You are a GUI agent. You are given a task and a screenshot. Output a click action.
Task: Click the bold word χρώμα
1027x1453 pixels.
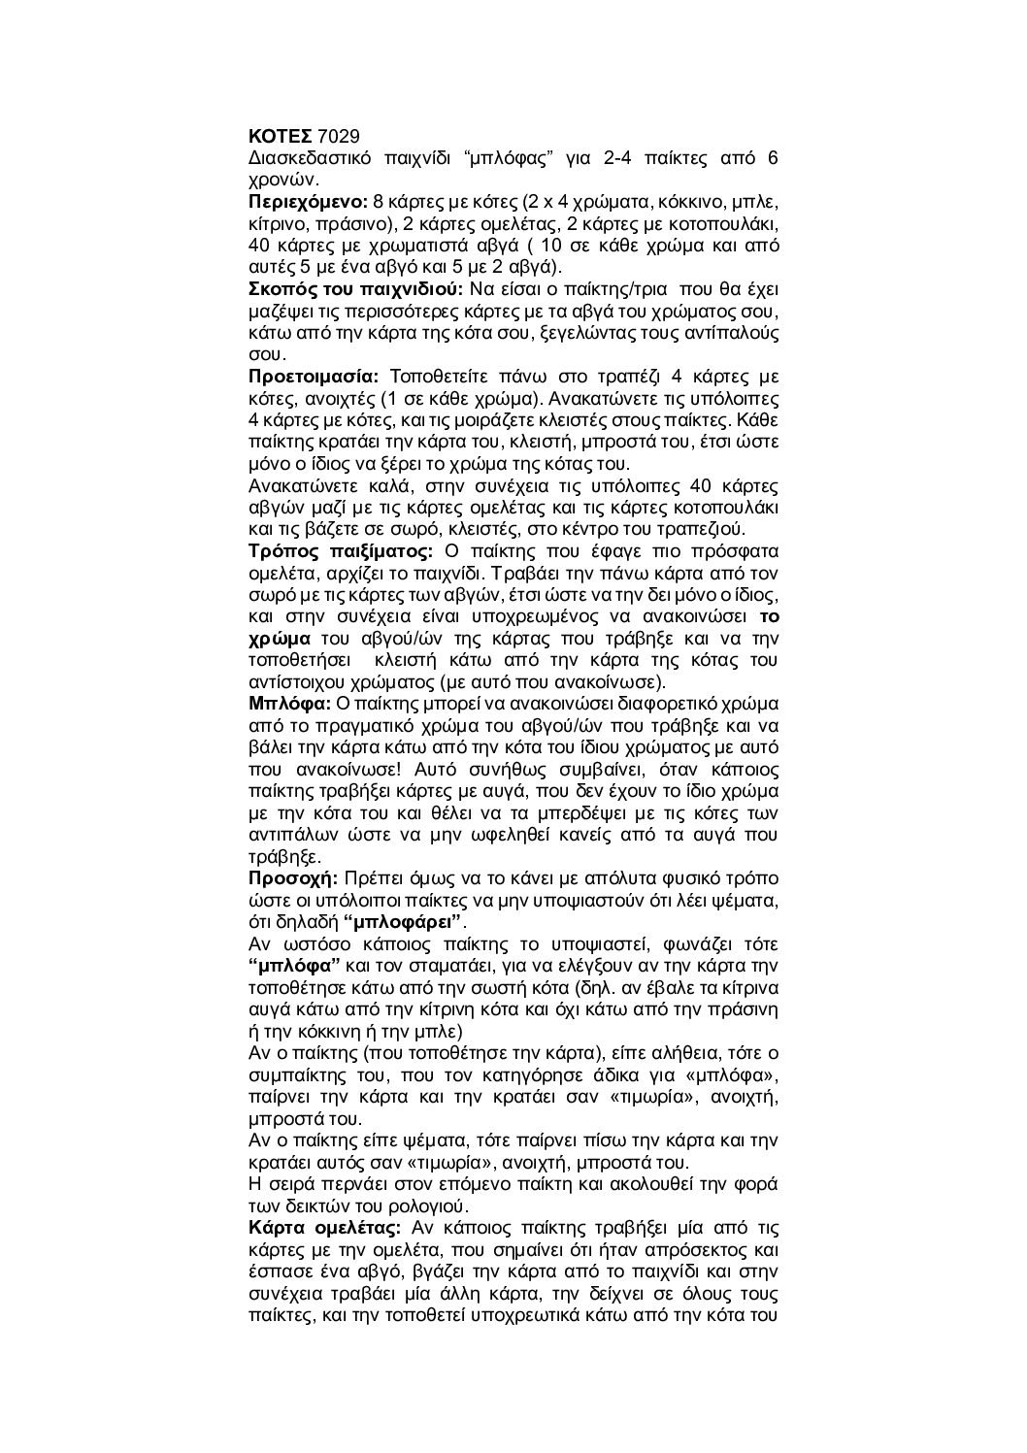coord(279,638)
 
